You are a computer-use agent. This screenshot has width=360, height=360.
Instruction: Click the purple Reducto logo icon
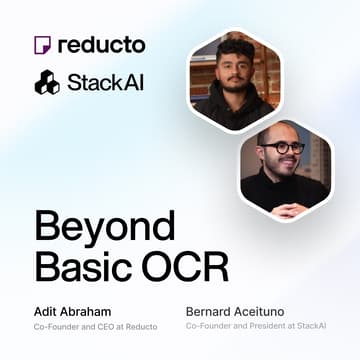pos(42,45)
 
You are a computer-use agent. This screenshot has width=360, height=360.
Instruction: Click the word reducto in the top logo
pos(102,45)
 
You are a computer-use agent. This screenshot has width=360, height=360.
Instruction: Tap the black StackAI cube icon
pos(46,82)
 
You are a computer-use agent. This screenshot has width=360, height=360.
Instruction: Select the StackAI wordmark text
pos(105,82)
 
